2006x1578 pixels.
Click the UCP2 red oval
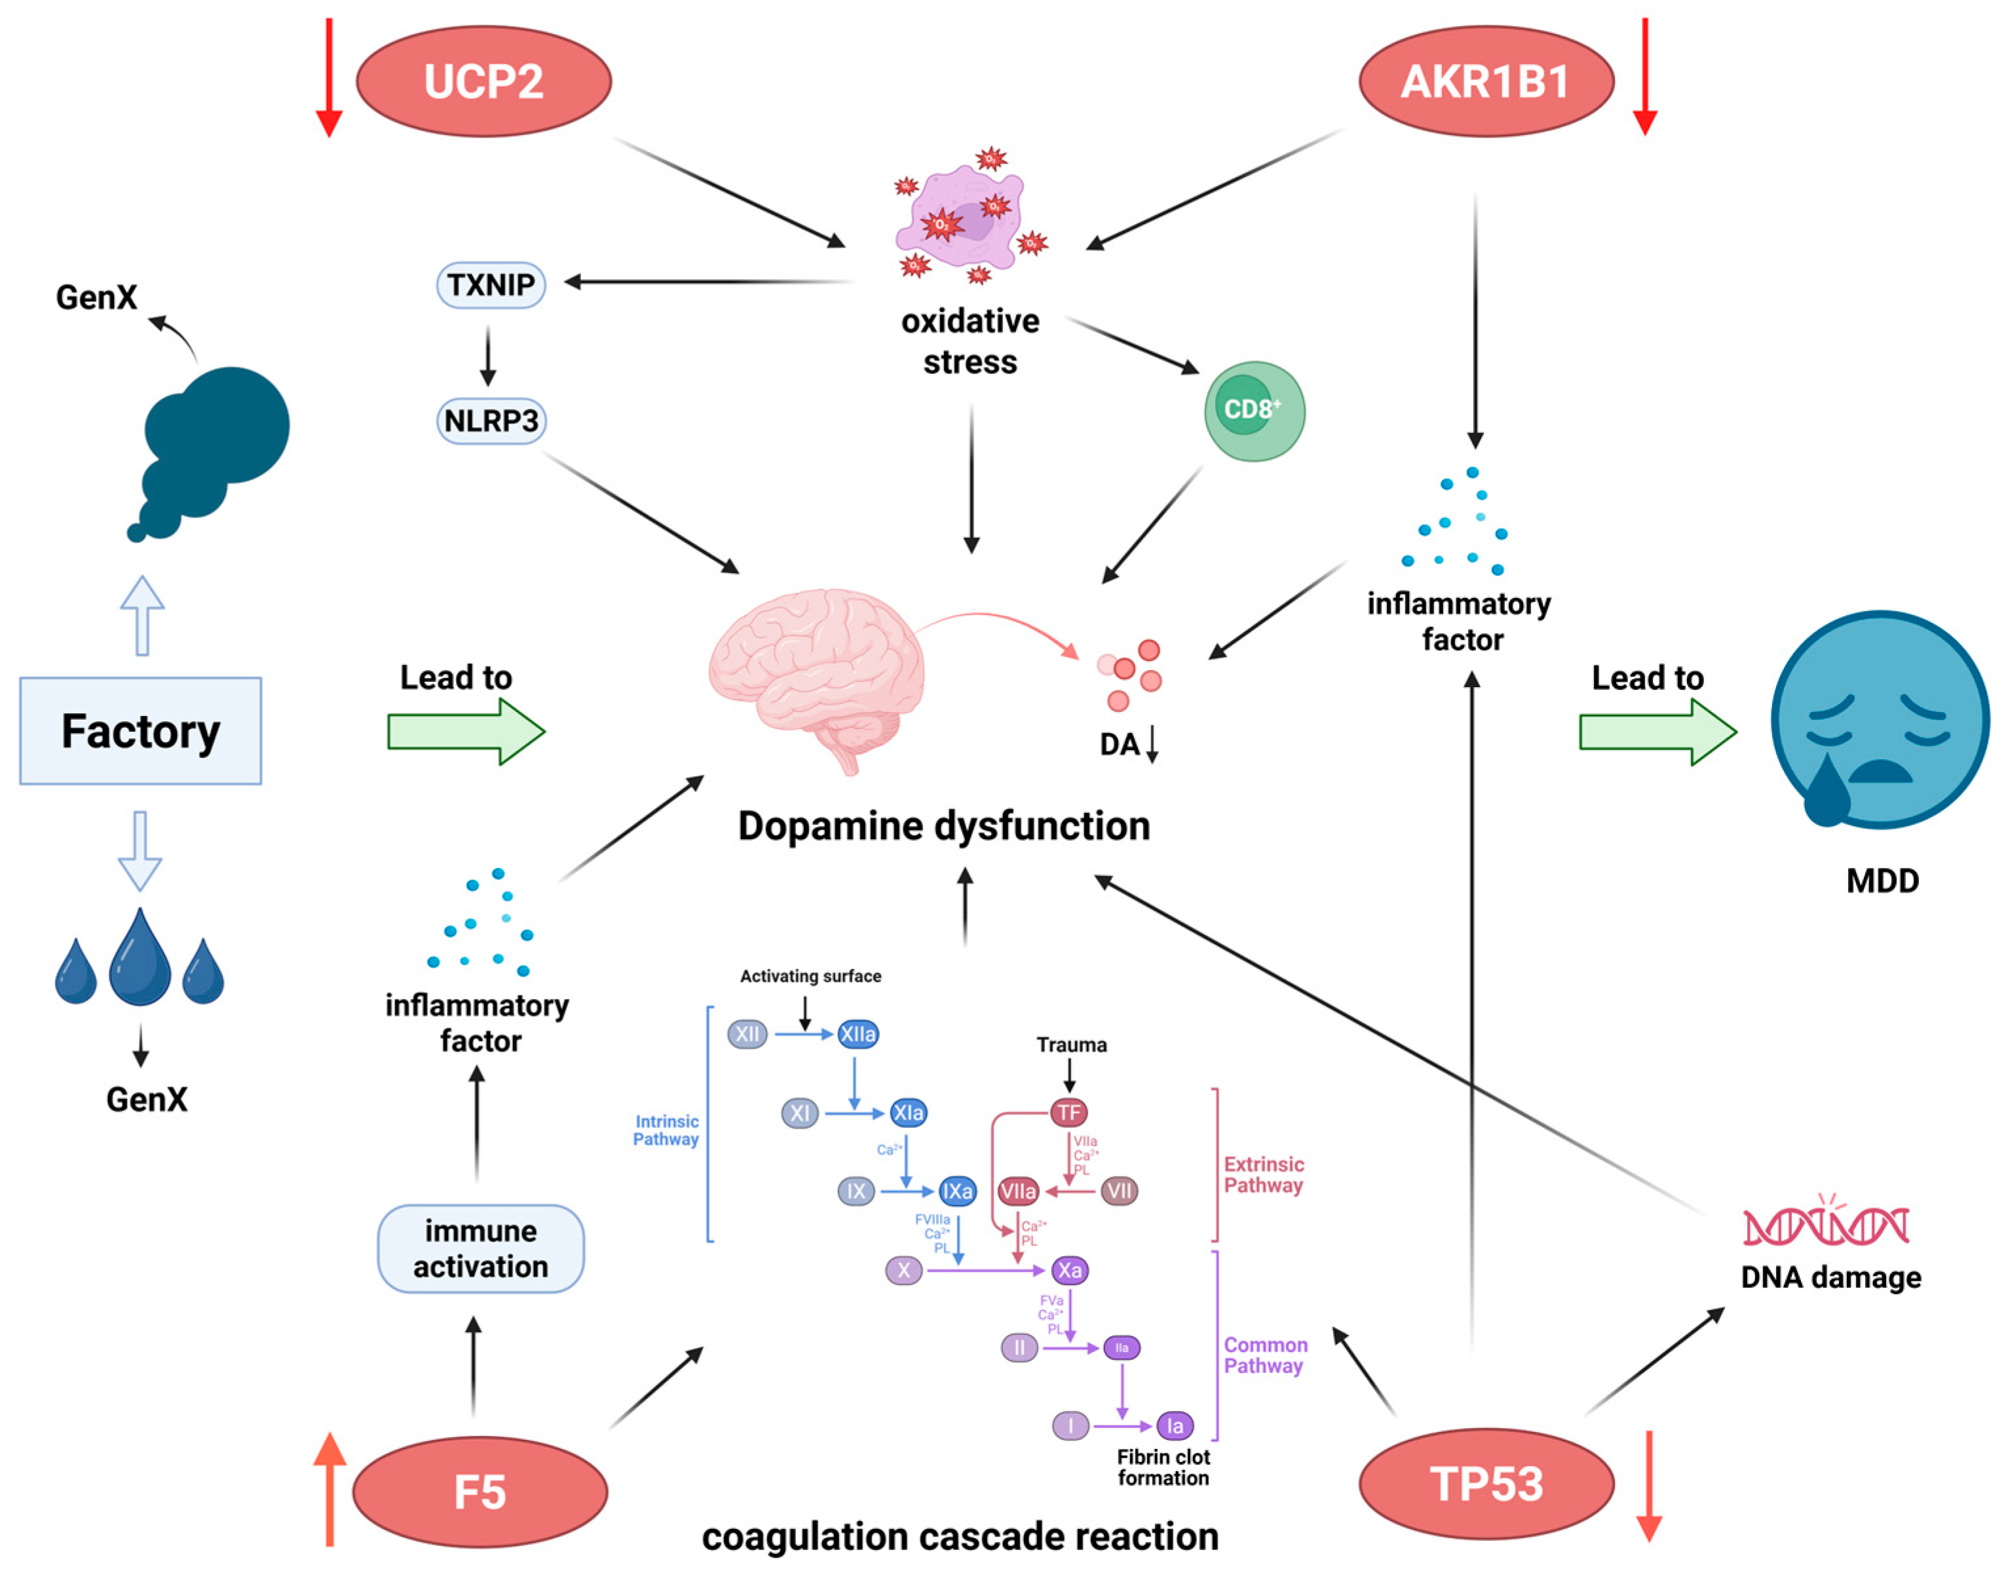point(483,81)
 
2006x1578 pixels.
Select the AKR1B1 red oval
point(1485,81)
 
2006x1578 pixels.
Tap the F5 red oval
point(480,1491)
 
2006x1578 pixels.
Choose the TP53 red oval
point(1486,1484)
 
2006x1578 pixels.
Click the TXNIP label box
point(491,284)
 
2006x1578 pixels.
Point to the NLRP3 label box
point(491,421)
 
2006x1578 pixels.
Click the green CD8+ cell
point(1254,411)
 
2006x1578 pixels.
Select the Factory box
point(140,731)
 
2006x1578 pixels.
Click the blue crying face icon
point(1880,721)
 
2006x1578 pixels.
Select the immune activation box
point(480,1248)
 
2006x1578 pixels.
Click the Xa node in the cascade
point(1069,1270)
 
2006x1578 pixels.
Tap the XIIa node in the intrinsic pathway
point(858,1034)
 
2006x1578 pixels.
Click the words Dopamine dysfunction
point(943,826)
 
